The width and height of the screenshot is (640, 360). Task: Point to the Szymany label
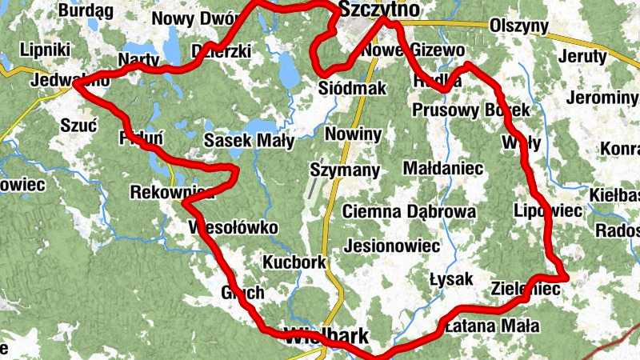tap(345, 170)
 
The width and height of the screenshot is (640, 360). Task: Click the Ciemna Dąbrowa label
tap(409, 212)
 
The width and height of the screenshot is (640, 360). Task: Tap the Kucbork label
tap(294, 262)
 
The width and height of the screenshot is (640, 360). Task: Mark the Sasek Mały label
tap(249, 141)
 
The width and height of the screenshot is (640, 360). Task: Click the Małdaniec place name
tap(443, 169)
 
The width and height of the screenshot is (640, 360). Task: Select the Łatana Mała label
tap(491, 326)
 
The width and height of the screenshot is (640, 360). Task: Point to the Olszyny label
tap(518, 26)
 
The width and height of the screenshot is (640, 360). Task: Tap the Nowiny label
tap(353, 134)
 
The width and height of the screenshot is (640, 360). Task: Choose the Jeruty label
tap(583, 57)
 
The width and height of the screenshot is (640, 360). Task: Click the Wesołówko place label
tap(233, 228)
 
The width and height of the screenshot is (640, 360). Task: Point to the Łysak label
tap(451, 278)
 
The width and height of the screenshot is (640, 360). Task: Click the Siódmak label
tap(352, 87)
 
